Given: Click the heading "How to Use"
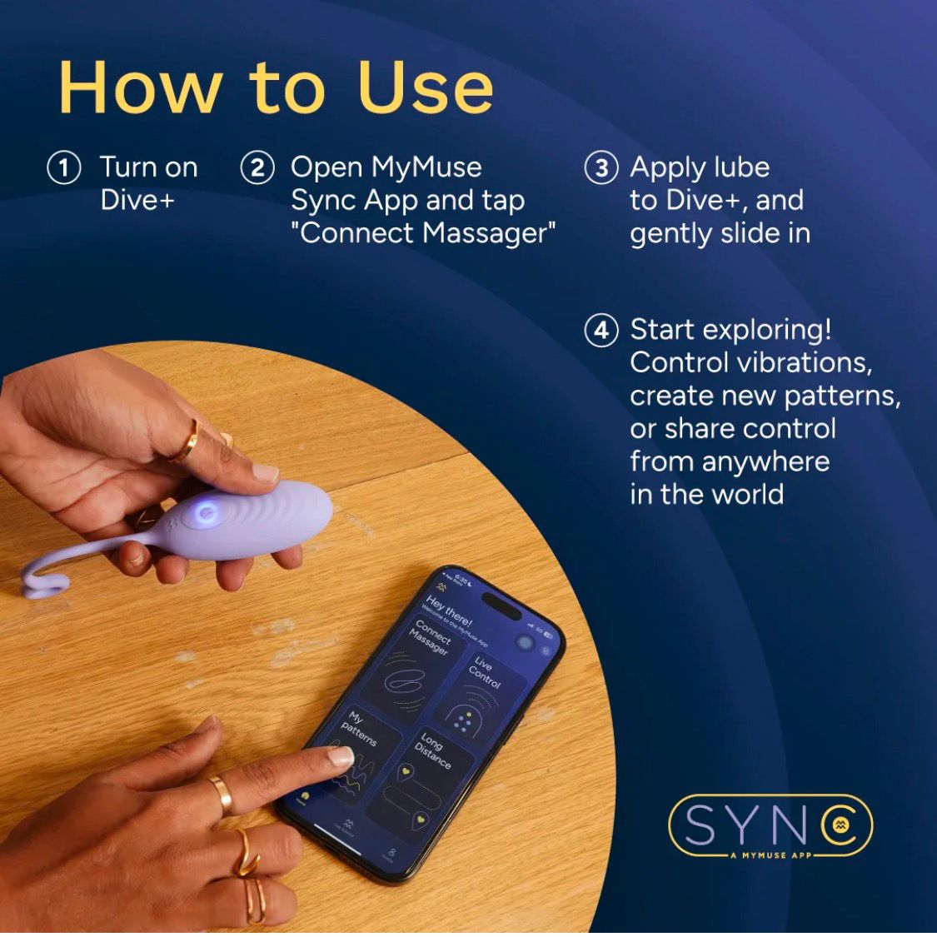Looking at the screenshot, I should pyautogui.click(x=276, y=88).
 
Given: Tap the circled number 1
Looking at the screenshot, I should pyautogui.click(x=64, y=167).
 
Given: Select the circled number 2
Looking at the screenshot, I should pyautogui.click(x=257, y=167).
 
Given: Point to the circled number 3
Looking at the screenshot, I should pyautogui.click(x=601, y=167).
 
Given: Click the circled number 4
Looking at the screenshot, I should pyautogui.click(x=601, y=330).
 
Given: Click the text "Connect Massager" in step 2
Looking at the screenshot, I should pyautogui.click(x=423, y=233).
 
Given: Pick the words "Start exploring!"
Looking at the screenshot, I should pyautogui.click(x=730, y=330).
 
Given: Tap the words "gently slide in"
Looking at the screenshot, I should pyautogui.click(x=720, y=233).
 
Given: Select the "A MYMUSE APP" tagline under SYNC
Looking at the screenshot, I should pyautogui.click(x=770, y=855).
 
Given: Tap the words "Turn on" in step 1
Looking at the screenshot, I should pyautogui.click(x=148, y=167).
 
